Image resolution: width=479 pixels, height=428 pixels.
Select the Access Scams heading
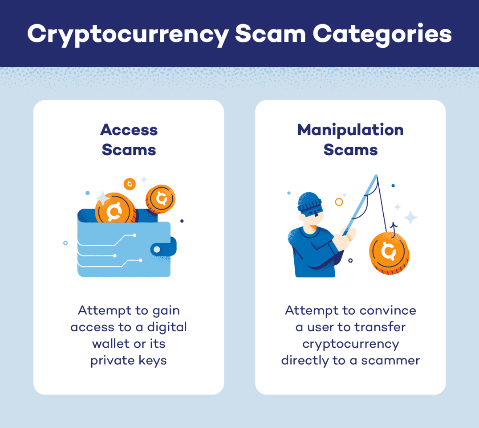click(x=129, y=140)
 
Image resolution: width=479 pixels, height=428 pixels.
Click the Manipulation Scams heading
click(x=350, y=140)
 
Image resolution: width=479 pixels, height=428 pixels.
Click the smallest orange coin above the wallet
click(x=130, y=184)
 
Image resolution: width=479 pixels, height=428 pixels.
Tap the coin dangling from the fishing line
click(x=389, y=253)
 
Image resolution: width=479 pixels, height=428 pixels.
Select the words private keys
click(x=129, y=360)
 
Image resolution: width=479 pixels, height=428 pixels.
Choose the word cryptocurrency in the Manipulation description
click(x=350, y=344)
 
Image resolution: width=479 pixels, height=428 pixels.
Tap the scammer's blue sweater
click(x=312, y=254)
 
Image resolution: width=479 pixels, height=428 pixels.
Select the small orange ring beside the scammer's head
click(x=339, y=202)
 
